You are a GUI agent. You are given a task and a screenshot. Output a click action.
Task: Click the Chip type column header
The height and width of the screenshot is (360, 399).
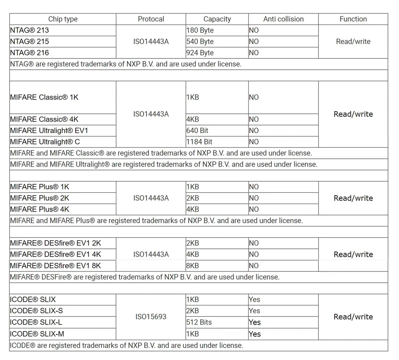[63, 19]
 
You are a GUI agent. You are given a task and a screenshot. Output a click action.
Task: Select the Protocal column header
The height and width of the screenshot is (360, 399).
[151, 19]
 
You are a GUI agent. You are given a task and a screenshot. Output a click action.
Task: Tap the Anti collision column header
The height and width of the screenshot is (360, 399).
[283, 19]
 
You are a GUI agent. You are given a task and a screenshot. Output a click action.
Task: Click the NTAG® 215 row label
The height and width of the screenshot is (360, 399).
[29, 41]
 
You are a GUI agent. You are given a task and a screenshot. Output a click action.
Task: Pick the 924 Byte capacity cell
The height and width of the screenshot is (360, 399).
[200, 53]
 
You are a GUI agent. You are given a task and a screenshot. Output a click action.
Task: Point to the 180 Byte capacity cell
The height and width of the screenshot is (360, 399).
[200, 30]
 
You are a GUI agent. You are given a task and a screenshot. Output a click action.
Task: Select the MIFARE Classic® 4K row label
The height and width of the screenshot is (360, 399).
[44, 119]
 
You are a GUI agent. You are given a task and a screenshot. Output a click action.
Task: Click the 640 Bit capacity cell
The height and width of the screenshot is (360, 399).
[197, 131]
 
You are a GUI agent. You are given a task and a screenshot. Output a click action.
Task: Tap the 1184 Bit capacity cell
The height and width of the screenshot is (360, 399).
[199, 142]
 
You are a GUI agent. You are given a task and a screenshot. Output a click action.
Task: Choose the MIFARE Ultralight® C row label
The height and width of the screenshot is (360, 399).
[45, 142]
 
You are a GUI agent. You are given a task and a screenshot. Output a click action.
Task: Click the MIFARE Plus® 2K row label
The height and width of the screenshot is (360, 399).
[40, 198]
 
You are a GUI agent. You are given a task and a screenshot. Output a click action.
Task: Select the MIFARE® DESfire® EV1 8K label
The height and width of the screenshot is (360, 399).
[55, 266]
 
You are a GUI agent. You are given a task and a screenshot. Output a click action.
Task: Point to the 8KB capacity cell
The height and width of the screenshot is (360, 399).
[193, 266]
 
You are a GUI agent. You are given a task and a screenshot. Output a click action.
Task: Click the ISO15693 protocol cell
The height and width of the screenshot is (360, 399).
[151, 317]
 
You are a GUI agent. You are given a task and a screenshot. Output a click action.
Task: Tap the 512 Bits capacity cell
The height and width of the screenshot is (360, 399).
[199, 322]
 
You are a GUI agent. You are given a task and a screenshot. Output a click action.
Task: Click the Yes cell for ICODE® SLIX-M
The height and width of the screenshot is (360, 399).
[255, 334]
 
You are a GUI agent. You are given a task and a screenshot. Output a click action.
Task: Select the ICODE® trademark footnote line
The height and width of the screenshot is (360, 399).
[126, 345]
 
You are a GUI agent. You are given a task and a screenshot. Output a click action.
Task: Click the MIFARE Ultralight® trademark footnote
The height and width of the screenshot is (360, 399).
[164, 164]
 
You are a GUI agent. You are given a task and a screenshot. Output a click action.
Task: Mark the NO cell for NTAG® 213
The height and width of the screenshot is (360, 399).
[254, 30]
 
